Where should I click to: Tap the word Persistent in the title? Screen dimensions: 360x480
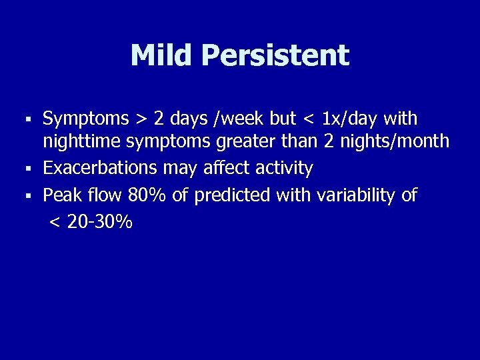click(276, 55)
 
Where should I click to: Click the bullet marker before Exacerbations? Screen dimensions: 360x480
click(29, 169)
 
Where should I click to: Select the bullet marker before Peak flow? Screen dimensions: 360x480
click(29, 196)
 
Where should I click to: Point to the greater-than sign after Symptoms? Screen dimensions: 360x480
click(141, 120)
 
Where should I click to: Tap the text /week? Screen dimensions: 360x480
click(245, 119)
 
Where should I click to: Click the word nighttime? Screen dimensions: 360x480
click(83, 143)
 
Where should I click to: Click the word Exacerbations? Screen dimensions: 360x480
click(101, 169)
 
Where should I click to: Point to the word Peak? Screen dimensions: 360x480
click(61, 195)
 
